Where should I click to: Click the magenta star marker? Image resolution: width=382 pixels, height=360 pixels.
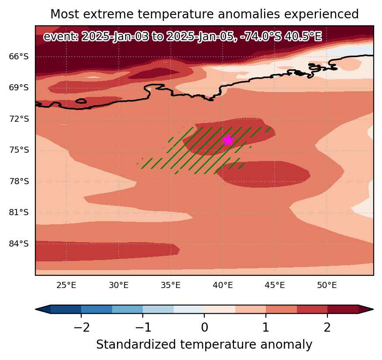tap(228, 140)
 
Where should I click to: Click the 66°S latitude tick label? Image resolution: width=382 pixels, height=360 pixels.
tap(19, 56)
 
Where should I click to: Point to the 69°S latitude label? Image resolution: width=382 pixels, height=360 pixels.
tap(19, 87)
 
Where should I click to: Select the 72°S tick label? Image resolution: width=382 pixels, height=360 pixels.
tap(19, 119)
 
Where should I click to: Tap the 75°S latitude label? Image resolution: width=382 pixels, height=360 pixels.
tap(19, 150)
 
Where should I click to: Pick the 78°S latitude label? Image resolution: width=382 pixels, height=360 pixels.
tap(19, 181)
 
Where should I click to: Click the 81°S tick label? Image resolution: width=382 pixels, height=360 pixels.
tap(19, 213)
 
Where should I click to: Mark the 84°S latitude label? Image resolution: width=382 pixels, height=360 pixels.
tap(19, 243)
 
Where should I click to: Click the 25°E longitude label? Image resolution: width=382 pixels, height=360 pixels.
tap(66, 285)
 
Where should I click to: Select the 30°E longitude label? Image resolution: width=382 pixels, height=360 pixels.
tap(119, 285)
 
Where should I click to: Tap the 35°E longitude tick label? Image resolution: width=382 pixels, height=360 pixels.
tap(171, 285)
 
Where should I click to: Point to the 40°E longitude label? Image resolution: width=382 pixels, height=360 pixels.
tap(223, 285)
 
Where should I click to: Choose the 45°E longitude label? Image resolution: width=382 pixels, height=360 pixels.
tap(275, 285)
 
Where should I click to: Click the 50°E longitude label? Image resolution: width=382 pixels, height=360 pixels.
tap(327, 285)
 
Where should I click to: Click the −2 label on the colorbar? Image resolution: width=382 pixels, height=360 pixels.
tap(81, 328)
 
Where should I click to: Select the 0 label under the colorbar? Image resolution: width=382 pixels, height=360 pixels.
tap(204, 328)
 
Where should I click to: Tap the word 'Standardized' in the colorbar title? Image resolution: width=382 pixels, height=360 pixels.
tap(136, 345)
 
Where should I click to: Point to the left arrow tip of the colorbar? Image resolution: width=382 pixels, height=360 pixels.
tap(35, 309)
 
